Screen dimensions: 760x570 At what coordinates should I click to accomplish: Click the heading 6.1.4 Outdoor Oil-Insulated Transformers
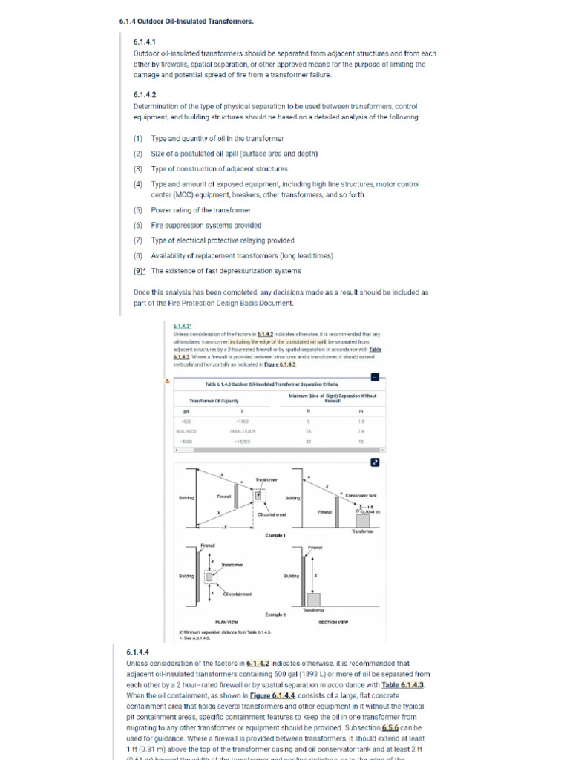click(186, 22)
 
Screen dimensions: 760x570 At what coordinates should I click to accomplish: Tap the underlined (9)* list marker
click(140, 271)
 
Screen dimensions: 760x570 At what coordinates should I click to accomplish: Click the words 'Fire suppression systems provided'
click(206, 226)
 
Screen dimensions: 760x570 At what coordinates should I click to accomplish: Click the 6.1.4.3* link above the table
click(182, 326)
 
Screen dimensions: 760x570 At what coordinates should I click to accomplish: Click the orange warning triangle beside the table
click(166, 381)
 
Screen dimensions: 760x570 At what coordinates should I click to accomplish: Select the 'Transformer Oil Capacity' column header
click(219, 401)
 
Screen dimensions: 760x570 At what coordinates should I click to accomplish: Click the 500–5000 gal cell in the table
click(186, 430)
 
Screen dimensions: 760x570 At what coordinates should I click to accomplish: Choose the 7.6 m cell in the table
click(361, 430)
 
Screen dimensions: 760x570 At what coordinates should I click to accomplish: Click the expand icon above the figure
click(375, 462)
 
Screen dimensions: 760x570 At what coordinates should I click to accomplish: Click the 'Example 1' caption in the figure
click(275, 534)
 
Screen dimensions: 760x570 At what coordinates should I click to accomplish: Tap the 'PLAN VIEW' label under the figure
click(226, 621)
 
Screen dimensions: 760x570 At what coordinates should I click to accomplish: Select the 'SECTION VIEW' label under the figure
click(333, 621)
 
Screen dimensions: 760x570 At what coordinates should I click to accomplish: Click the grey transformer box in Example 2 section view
click(314, 599)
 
